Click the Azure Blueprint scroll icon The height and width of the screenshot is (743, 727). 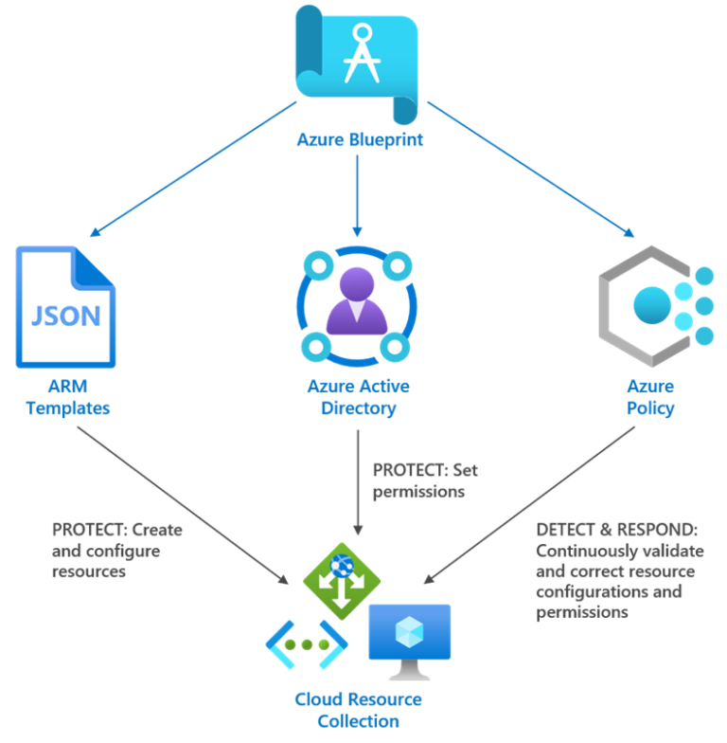click(357, 62)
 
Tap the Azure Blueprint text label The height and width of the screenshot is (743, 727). click(359, 140)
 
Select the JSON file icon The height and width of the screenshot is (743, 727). click(64, 306)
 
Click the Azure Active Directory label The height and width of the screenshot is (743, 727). click(358, 397)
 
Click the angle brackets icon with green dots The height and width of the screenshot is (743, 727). click(306, 644)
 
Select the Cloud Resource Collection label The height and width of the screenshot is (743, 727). click(358, 710)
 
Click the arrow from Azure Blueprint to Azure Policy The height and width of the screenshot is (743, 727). click(530, 169)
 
